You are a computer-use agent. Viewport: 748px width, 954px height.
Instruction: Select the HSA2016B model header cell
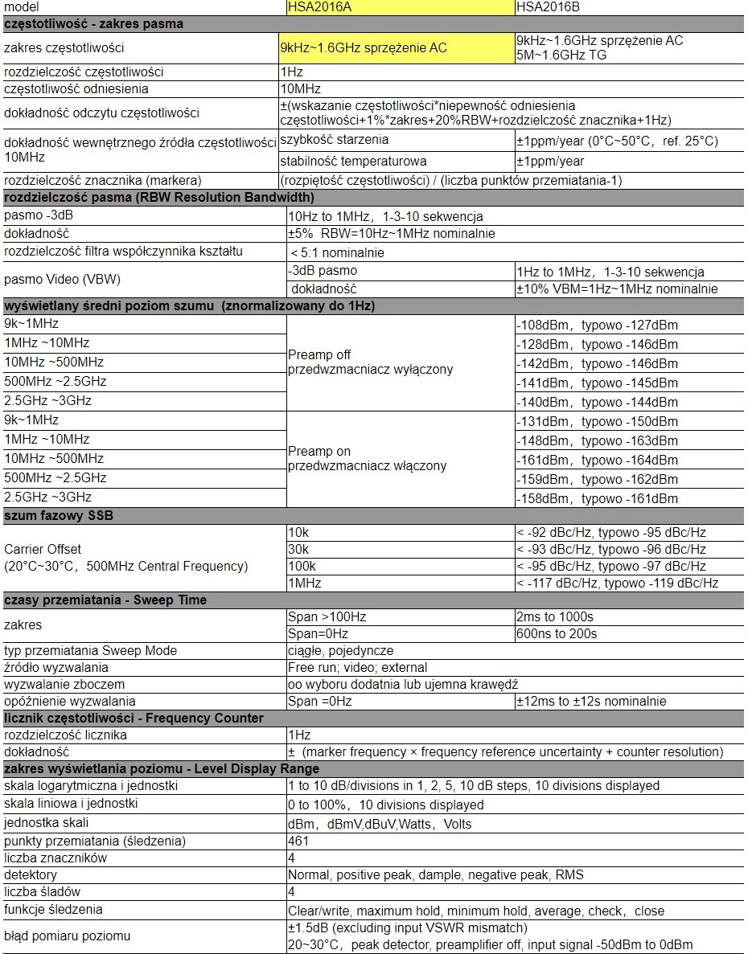629,6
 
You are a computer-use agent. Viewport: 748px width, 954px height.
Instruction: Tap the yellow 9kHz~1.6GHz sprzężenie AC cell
396,48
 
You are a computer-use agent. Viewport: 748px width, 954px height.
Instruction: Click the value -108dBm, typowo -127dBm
597,326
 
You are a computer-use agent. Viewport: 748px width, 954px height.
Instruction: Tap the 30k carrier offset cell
299,550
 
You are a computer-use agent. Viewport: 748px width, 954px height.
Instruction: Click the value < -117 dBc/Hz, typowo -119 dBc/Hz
617,583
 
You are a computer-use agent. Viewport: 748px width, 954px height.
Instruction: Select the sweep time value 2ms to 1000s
555,617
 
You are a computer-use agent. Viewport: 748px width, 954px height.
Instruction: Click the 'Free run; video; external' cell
358,668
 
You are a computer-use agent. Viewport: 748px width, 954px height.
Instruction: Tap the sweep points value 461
298,841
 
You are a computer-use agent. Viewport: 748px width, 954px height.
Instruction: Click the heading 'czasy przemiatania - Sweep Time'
105,600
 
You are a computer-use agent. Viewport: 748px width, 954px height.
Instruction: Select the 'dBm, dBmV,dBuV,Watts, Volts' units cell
380,825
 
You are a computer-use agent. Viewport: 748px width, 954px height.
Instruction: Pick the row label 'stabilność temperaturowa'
353,162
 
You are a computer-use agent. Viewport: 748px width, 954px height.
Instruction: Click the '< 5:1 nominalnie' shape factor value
338,253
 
